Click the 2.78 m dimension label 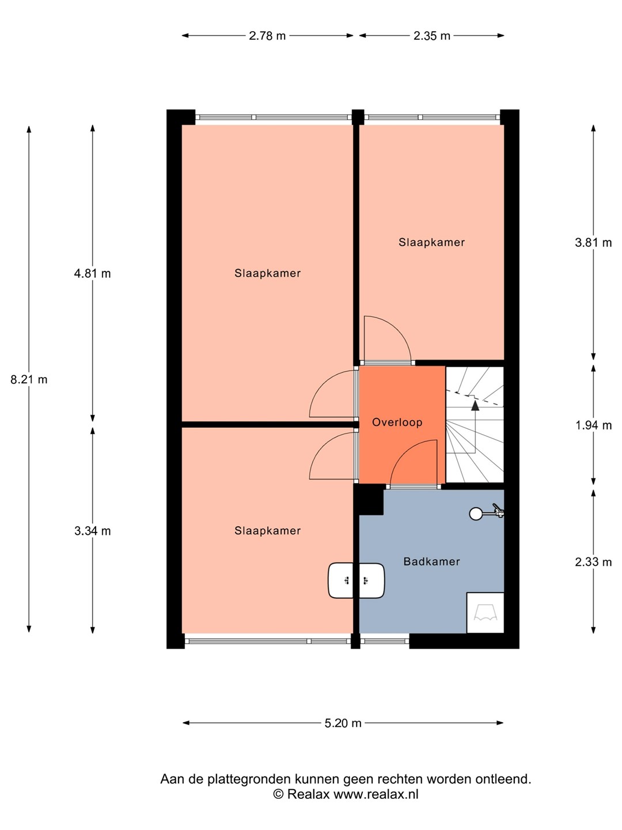(x=267, y=36)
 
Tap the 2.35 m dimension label (x=432, y=36)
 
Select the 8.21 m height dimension (x=29, y=380)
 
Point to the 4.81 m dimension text (x=93, y=273)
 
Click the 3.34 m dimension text (x=93, y=531)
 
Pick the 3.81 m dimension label (x=593, y=243)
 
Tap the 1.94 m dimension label (x=593, y=426)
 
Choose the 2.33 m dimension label (x=593, y=563)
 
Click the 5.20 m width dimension (x=343, y=723)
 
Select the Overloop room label (x=397, y=422)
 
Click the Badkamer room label (x=432, y=561)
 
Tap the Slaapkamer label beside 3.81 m (x=432, y=243)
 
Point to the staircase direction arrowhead (x=475, y=406)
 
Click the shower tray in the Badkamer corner (x=486, y=613)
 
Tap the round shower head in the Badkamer (x=476, y=514)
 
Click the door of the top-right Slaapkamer (x=388, y=338)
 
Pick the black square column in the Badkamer (x=371, y=500)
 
